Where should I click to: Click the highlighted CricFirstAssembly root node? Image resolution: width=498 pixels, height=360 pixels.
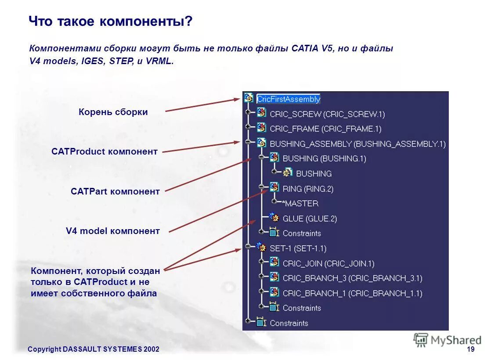pyautogui.click(x=289, y=99)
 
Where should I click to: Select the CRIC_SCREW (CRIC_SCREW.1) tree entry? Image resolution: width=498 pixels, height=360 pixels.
pyautogui.click(x=327, y=114)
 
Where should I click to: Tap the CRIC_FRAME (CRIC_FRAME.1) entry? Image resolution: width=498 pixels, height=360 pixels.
pyautogui.click(x=325, y=129)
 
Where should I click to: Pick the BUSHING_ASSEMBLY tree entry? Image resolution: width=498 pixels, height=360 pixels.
pyautogui.click(x=357, y=144)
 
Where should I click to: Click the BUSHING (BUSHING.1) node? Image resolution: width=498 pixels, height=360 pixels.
pyautogui.click(x=324, y=158)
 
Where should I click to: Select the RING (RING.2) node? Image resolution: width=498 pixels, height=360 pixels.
pyautogui.click(x=307, y=189)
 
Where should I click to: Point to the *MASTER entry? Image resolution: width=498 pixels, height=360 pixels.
pyautogui.click(x=300, y=204)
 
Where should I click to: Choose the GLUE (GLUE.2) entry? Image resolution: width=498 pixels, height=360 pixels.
pyautogui.click(x=309, y=219)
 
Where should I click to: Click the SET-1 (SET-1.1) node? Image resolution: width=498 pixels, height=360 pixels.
pyautogui.click(x=297, y=248)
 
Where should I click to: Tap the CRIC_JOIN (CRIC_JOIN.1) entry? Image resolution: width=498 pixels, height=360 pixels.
pyautogui.click(x=328, y=264)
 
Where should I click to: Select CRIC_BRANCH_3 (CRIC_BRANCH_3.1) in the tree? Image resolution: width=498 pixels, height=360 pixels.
pyautogui.click(x=352, y=278)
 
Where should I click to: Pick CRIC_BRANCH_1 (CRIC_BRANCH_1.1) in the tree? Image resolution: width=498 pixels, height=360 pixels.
pyautogui.click(x=352, y=293)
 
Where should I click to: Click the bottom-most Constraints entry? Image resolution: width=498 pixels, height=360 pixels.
pyautogui.click(x=289, y=324)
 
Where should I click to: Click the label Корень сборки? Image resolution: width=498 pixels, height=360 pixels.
pyautogui.click(x=113, y=112)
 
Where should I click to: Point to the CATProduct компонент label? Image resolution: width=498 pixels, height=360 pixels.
pyautogui.click(x=105, y=152)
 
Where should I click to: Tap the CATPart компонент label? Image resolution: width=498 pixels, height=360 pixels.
pyautogui.click(x=115, y=191)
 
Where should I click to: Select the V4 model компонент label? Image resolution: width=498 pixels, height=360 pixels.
pyautogui.click(x=113, y=231)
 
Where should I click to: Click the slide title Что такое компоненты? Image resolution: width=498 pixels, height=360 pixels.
pyautogui.click(x=111, y=22)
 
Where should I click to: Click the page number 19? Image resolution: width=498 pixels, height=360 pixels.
pyautogui.click(x=471, y=349)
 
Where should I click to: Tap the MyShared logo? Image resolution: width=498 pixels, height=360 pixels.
pyautogui.click(x=447, y=340)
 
